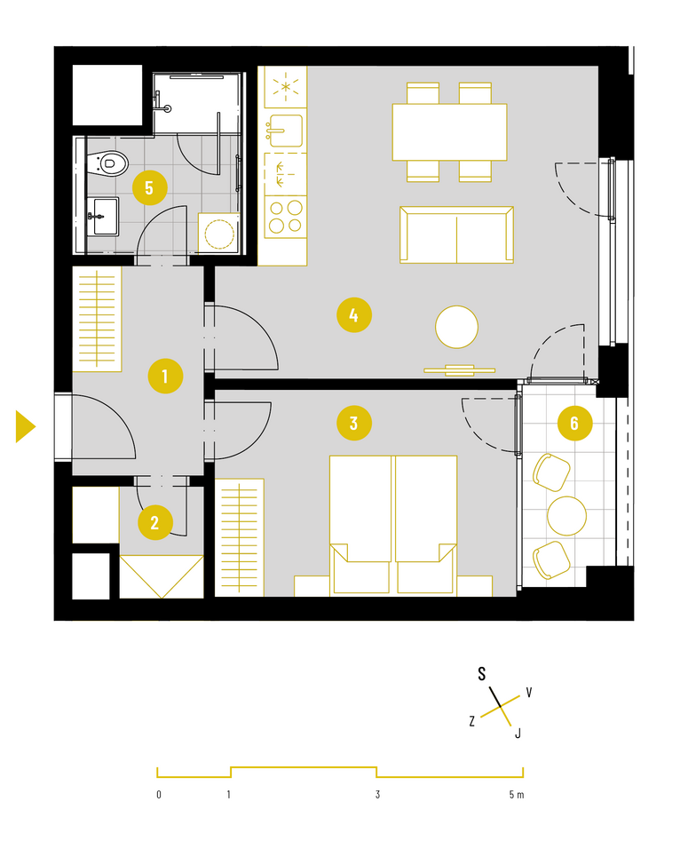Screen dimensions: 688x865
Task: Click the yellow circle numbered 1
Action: (165, 377)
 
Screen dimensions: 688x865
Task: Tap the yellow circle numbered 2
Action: (154, 522)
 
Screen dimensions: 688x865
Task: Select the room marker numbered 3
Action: (354, 423)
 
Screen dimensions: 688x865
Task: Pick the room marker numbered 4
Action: (354, 315)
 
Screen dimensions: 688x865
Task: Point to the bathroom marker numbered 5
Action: (150, 187)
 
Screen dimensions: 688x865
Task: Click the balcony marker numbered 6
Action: (575, 423)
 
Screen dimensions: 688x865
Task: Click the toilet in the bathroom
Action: (108, 163)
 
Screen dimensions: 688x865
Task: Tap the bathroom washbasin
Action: (103, 217)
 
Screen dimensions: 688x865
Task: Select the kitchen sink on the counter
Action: (285, 131)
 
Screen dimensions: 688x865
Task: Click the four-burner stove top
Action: (286, 217)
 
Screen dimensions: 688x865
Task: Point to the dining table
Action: (449, 131)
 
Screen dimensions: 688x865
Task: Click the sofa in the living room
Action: (456, 234)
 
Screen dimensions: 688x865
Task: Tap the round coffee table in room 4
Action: (456, 327)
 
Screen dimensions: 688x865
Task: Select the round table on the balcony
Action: (566, 516)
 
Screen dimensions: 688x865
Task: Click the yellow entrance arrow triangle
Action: (26, 426)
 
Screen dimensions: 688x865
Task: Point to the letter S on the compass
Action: (482, 673)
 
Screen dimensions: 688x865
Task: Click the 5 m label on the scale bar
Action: (517, 794)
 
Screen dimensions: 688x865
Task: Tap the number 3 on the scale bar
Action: (377, 794)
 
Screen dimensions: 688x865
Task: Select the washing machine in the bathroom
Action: (219, 234)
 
